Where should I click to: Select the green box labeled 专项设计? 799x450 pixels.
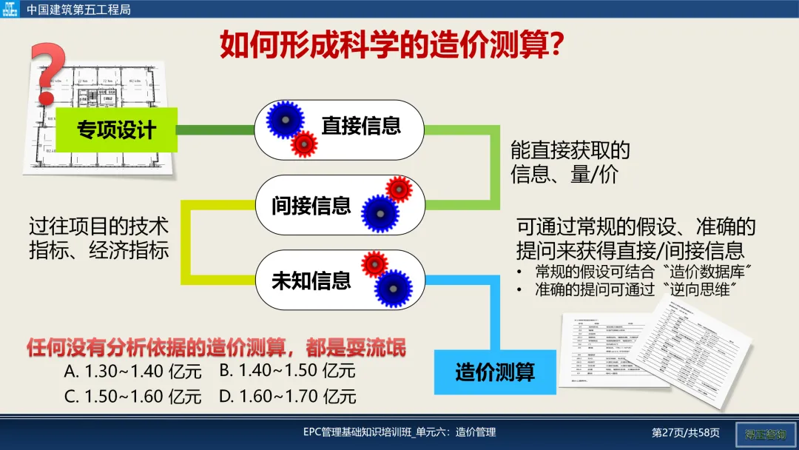117,131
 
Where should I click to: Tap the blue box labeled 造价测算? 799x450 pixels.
494,371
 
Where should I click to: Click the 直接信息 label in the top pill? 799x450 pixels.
361,125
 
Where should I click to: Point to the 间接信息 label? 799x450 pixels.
311,205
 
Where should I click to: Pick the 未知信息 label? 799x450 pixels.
311,281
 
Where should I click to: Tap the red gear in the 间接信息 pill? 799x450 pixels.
399,189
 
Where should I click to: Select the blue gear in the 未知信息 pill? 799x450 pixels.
392,289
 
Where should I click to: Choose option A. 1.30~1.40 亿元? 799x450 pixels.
132,371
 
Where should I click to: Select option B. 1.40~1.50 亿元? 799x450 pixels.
288,371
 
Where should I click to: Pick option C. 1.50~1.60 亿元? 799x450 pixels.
132,396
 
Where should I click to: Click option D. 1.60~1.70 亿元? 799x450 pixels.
288,396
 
